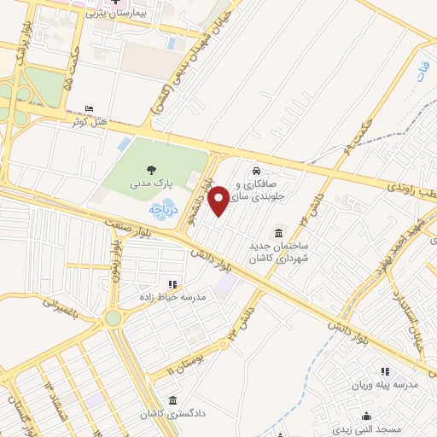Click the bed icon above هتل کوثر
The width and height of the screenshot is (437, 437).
tap(89, 109)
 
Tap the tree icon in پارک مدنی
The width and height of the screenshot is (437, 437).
tap(153, 170)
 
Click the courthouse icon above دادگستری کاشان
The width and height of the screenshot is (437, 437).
tap(172, 400)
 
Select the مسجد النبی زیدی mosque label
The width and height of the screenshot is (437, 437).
tap(368, 428)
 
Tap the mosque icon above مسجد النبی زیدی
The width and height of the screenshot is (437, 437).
tap(367, 416)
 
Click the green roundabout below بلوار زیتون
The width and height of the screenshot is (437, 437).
tap(113, 318)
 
